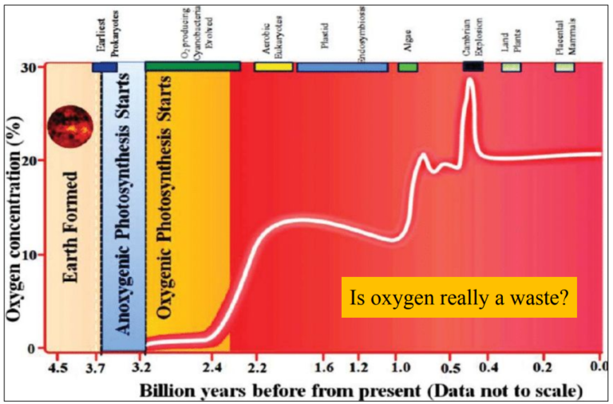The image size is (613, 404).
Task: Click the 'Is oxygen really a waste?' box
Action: tap(459, 299)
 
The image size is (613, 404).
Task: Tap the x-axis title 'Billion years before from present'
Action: tap(359, 391)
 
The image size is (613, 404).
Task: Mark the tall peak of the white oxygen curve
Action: tap(470, 80)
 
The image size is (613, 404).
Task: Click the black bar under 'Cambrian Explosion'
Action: tap(473, 67)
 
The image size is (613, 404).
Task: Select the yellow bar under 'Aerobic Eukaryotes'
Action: tap(273, 67)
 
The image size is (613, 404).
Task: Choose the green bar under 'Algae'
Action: tap(407, 67)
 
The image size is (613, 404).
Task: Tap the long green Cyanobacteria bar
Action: tap(192, 66)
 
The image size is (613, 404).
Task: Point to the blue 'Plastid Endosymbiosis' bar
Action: tap(342, 67)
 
